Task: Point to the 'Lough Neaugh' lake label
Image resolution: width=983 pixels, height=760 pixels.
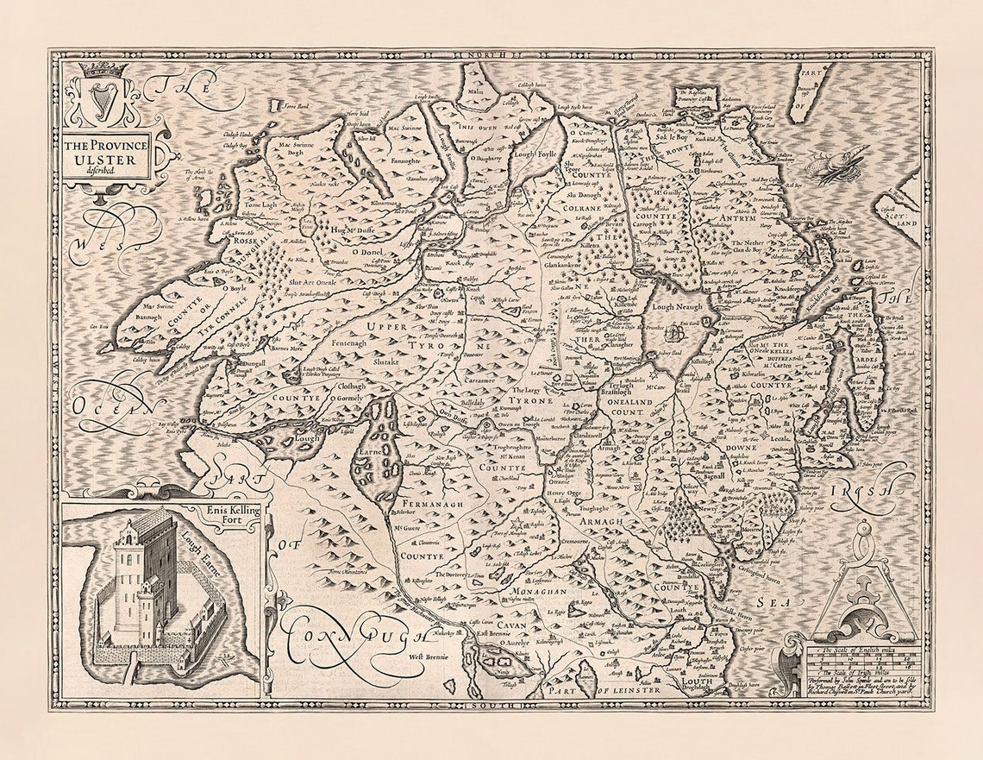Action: [x=676, y=306]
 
